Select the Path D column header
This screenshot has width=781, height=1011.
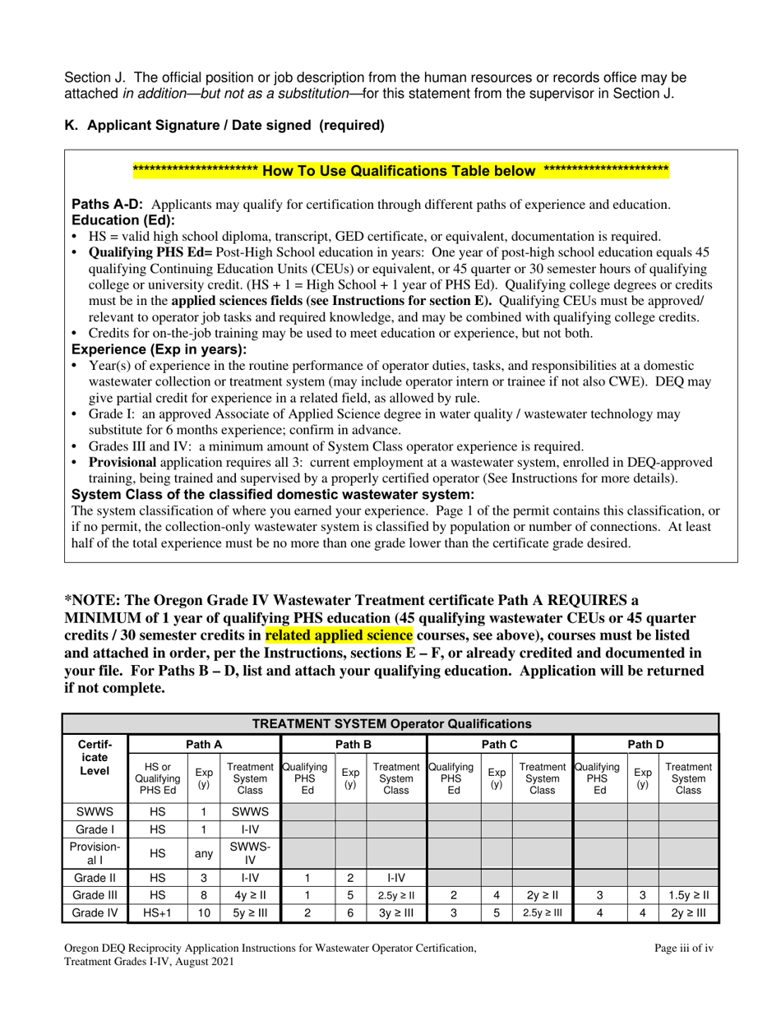tap(645, 745)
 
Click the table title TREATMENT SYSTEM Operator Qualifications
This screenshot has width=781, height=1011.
tap(390, 724)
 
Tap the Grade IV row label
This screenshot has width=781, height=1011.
tap(95, 912)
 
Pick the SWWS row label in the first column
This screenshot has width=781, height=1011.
tap(95, 810)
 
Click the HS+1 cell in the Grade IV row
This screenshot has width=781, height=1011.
tap(157, 912)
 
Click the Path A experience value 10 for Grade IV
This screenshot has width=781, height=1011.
tap(203, 912)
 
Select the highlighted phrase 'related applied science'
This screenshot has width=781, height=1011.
tap(339, 635)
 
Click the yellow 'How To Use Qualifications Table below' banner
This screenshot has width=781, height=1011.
tap(400, 171)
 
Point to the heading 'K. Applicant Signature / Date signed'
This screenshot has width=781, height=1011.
tap(224, 126)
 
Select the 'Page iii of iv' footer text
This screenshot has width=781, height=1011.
tap(683, 948)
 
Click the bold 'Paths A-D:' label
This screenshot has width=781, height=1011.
tap(109, 205)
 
